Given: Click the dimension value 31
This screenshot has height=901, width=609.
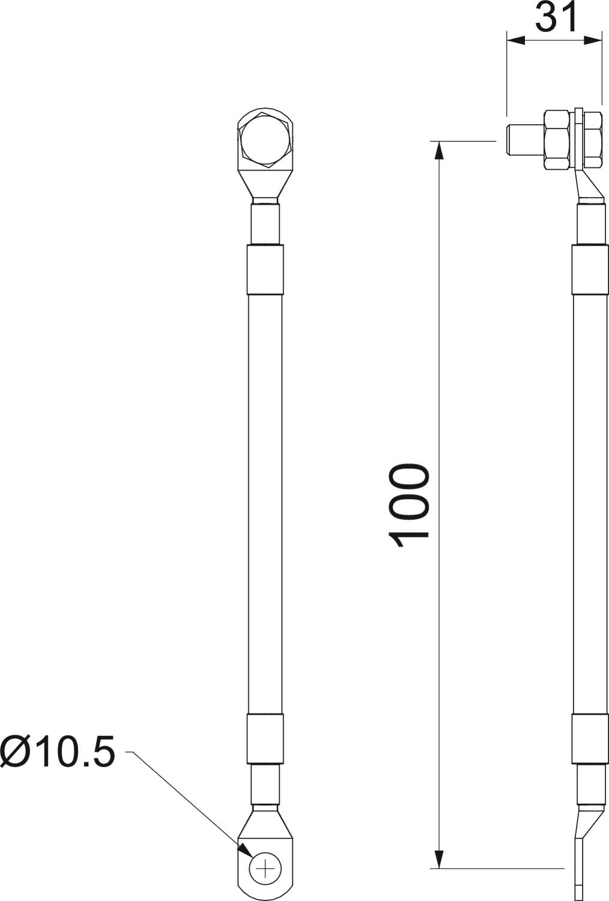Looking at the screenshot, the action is coord(556,17).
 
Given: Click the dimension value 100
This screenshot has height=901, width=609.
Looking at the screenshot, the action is coord(408,506).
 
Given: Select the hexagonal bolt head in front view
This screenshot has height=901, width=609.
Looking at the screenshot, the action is coord(264,140).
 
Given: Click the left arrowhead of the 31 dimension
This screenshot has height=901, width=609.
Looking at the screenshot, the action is coord(516,40).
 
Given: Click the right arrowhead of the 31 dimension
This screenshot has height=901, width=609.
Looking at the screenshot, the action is coord(593,40).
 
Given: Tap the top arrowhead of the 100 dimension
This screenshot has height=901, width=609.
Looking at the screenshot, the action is coord(440,151).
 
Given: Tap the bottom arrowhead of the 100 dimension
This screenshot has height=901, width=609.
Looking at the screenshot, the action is coord(440,857).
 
